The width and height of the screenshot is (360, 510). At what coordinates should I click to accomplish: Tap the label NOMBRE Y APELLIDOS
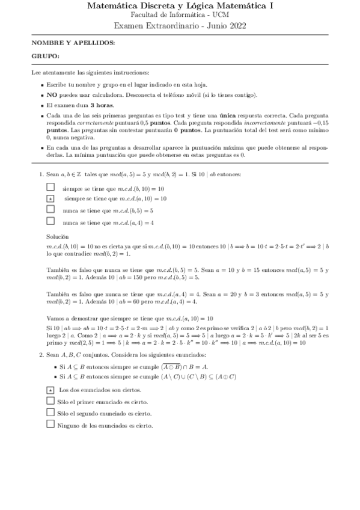coord(73,43)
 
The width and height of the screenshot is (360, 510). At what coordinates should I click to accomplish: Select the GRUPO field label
coord(46,56)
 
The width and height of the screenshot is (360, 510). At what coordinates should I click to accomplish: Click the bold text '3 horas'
coord(102,105)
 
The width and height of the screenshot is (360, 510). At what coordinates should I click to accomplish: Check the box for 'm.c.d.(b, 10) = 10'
coord(50,188)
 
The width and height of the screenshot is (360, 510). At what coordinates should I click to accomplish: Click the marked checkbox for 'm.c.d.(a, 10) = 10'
coord(50,198)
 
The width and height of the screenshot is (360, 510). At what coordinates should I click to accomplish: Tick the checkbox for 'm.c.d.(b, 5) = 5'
coord(50,210)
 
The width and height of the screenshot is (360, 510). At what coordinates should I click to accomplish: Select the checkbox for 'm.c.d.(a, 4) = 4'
coord(50,221)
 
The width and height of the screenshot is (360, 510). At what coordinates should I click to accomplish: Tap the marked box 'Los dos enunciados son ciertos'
coord(50,391)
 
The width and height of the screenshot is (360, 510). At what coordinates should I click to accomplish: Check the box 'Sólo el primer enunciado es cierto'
coord(50,402)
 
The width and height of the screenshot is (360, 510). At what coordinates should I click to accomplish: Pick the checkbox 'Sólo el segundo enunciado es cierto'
coord(50,413)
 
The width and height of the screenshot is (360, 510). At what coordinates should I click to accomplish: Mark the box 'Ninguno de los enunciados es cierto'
coord(50,425)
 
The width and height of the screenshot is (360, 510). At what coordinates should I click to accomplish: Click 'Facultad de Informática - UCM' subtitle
coord(180,15)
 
